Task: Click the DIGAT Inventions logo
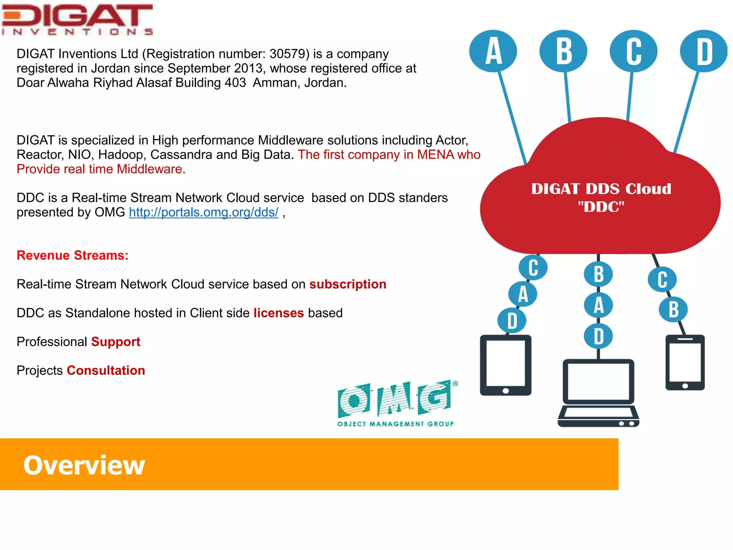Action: point(77,20)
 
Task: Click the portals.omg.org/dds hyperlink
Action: point(203,212)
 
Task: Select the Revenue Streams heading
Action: point(72,255)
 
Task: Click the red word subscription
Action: point(348,284)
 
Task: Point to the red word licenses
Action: point(278,313)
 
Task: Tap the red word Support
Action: point(116,342)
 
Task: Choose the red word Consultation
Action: point(106,371)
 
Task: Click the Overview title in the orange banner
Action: point(84,465)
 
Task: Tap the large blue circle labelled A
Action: point(493,51)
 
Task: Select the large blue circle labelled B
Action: point(563,51)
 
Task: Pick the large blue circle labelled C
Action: point(634,51)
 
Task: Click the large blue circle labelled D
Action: point(704,51)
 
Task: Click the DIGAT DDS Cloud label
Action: point(601,197)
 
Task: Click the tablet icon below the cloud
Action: point(505,365)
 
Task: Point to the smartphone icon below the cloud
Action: point(685,362)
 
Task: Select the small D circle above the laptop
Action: point(598,337)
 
